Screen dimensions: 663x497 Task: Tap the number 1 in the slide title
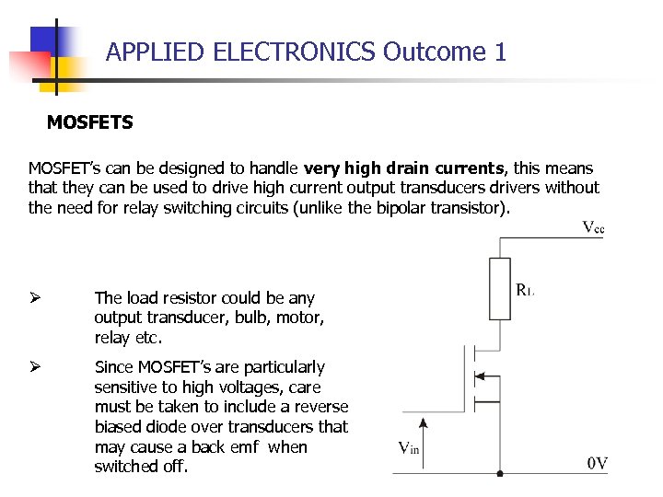500,52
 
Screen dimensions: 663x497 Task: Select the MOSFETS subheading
89,121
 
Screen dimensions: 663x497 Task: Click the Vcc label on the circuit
594,227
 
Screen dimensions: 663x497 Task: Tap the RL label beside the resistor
525,291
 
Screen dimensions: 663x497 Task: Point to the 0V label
598,463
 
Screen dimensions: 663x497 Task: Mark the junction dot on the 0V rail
499,474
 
